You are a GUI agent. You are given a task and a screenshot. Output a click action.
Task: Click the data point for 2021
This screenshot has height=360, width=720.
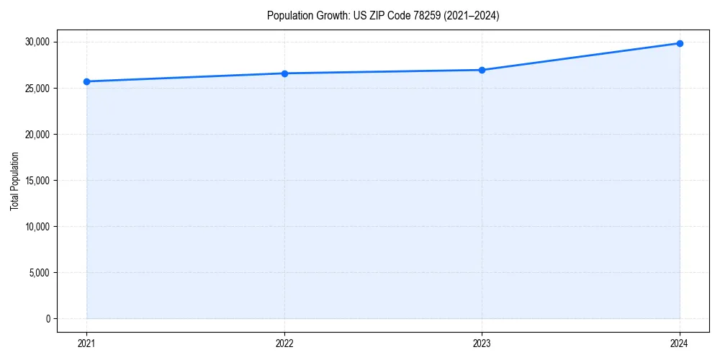(86, 81)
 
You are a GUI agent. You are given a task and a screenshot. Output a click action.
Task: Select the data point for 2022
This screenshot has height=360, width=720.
(284, 73)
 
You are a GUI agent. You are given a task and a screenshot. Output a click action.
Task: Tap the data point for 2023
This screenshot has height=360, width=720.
(482, 70)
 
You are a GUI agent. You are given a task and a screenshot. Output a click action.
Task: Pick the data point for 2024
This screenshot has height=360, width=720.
(680, 43)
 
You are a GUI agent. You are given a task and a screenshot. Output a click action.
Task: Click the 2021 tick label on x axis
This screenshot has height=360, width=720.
(86, 343)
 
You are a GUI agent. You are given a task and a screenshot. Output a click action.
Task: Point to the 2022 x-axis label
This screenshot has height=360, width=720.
(284, 343)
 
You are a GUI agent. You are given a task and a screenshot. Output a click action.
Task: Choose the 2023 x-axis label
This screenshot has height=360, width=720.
(482, 343)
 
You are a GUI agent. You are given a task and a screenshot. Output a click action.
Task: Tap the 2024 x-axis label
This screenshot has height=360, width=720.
(680, 343)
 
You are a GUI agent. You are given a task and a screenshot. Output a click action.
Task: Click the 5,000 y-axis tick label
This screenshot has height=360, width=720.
(40, 272)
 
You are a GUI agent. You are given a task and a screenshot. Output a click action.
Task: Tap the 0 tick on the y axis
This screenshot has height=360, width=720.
(48, 318)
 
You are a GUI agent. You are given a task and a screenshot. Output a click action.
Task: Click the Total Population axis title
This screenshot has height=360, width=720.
(14, 181)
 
